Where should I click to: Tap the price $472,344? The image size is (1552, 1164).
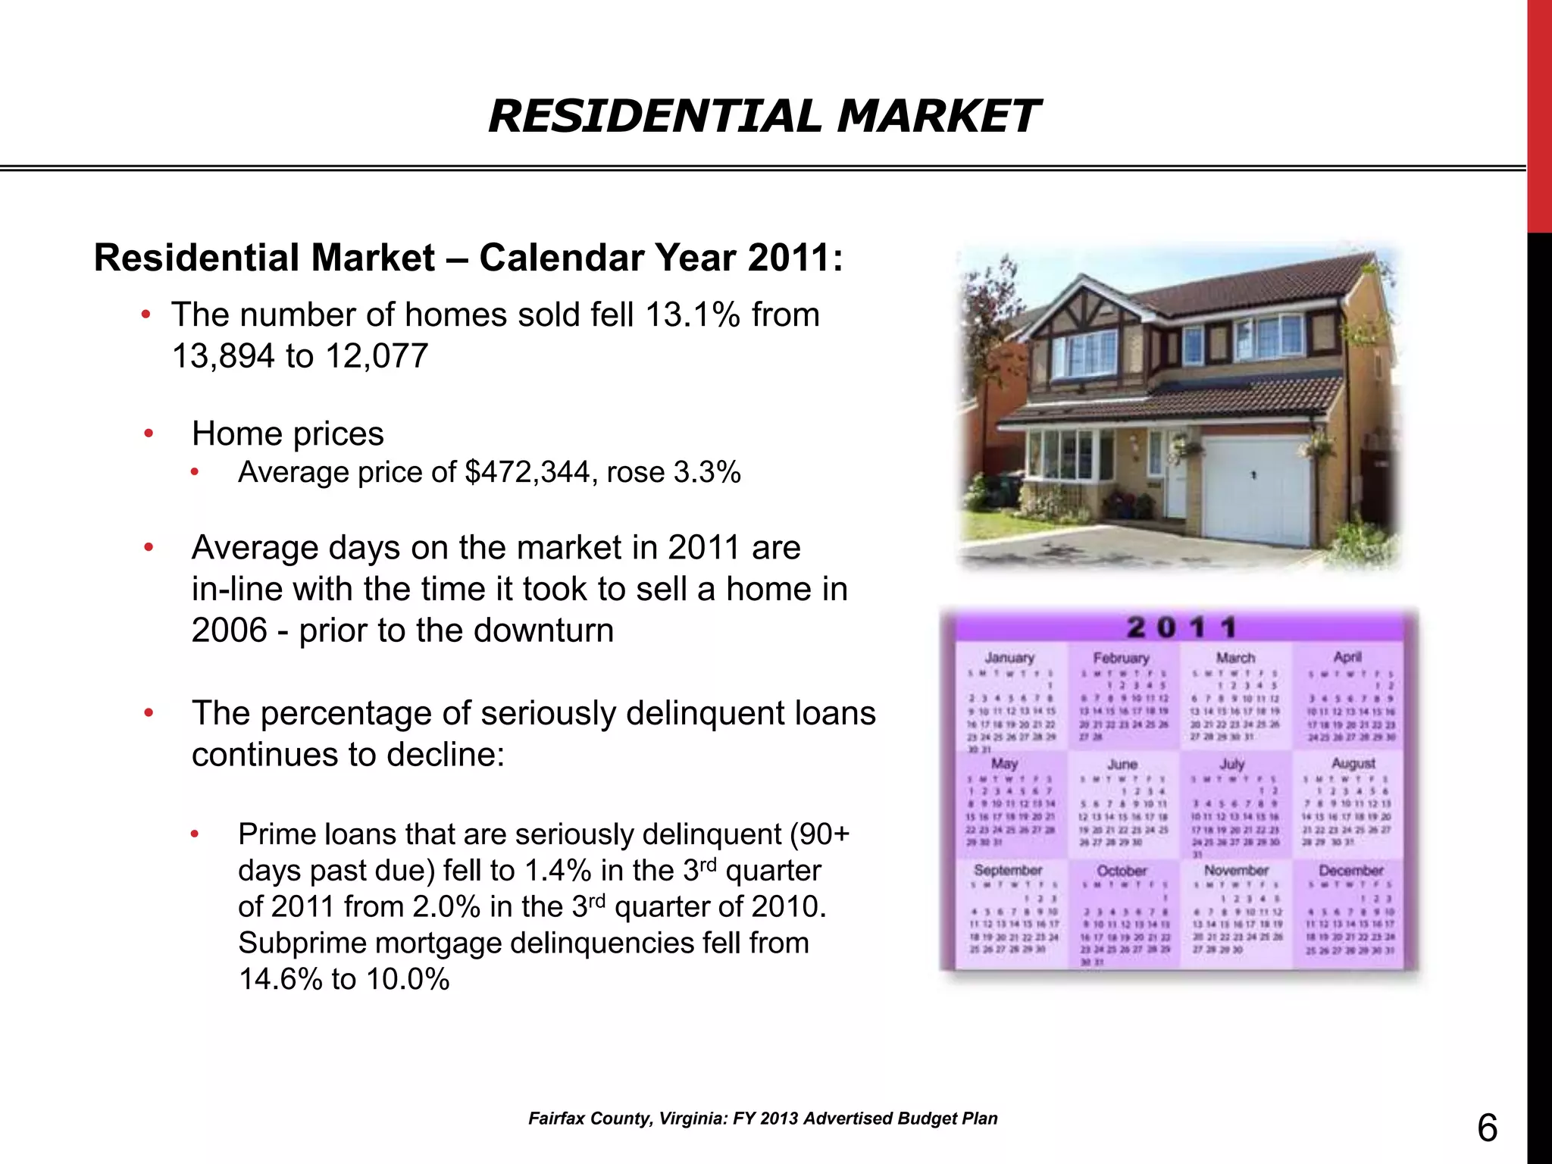pos(527,473)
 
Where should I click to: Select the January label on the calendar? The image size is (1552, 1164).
pos(1009,658)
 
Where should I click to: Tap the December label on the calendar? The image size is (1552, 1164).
pos(1350,871)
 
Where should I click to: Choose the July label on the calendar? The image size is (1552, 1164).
pos(1232,764)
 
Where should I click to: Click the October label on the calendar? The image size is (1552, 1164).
pos(1122,871)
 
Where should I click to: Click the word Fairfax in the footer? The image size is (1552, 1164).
pos(555,1119)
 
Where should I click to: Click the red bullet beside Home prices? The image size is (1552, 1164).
pos(149,433)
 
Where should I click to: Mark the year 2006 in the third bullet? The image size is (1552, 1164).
pos(229,630)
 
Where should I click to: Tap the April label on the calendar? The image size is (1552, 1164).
pos(1347,657)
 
